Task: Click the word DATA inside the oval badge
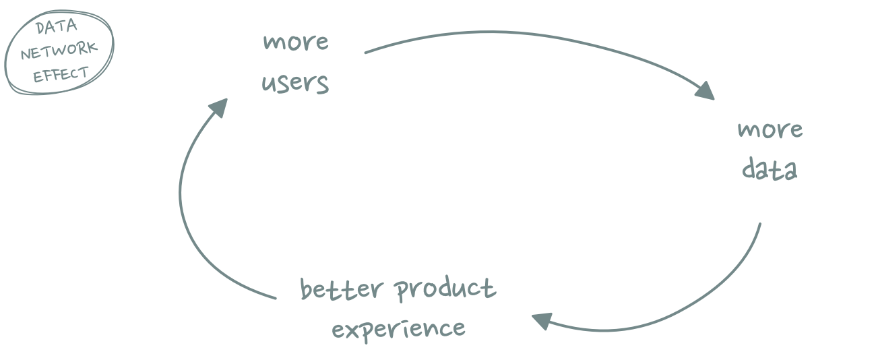[x=57, y=27]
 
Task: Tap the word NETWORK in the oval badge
[x=59, y=51]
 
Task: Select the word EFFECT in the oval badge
[x=61, y=74]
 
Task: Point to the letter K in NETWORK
[x=91, y=47]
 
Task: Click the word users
[x=295, y=83]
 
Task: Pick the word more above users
[x=296, y=42]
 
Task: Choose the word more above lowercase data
[x=770, y=130]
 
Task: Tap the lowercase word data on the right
[x=770, y=169]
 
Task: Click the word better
[x=342, y=289]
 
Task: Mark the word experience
[x=398, y=330]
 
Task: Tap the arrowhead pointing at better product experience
[x=542, y=321]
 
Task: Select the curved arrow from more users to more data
[x=540, y=35]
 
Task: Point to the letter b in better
[x=306, y=290]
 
